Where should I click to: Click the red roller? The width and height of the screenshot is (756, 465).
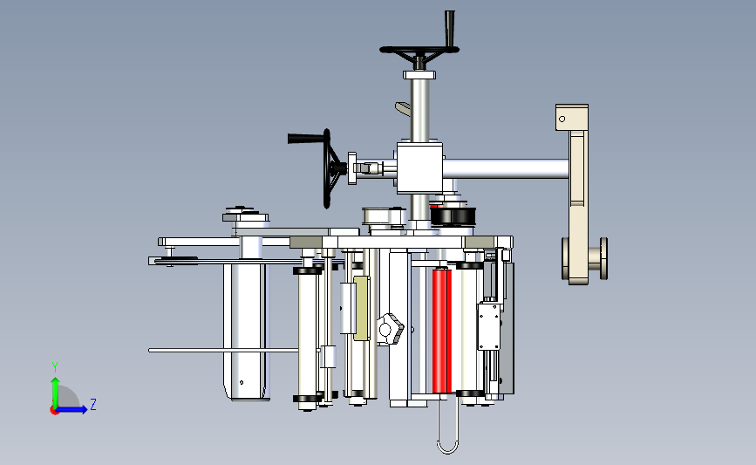(441, 331)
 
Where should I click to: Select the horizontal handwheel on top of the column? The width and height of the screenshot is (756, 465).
(419, 51)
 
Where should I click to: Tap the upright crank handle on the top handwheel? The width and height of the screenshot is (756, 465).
(450, 29)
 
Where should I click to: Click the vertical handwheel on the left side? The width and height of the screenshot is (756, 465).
(329, 168)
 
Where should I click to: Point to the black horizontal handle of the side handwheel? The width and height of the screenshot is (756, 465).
(306, 139)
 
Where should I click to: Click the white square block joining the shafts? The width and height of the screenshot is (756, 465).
(419, 168)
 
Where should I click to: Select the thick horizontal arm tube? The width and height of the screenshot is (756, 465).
(506, 169)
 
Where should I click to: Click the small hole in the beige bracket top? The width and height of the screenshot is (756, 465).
(562, 119)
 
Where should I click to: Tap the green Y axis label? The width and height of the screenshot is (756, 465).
(55, 367)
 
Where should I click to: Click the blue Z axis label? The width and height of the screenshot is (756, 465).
(93, 404)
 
